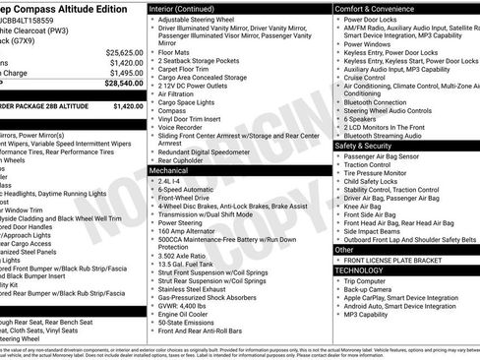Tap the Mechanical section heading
tap(169, 170)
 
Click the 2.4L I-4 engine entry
tap(169, 182)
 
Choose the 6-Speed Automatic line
tap(184, 191)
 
